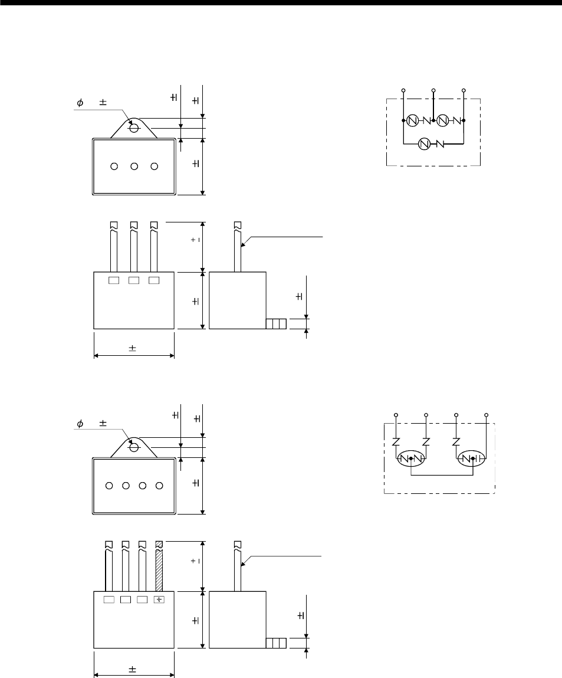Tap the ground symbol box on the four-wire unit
pyautogui.click(x=159, y=600)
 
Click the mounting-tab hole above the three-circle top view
pyautogui.click(x=134, y=127)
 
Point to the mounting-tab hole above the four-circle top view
pyautogui.click(x=134, y=447)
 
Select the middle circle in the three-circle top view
pyautogui.click(x=134, y=166)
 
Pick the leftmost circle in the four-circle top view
pyautogui.click(x=109, y=486)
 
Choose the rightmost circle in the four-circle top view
pyautogui.click(x=159, y=486)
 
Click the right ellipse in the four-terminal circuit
pyautogui.click(x=473, y=458)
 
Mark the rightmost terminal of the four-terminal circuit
pyautogui.click(x=487, y=415)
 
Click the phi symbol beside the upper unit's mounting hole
pyautogui.click(x=80, y=103)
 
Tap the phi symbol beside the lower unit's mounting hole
pyautogui.click(x=80, y=423)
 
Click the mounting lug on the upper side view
pyautogui.click(x=276, y=323)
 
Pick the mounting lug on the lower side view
pyautogui.click(x=276, y=643)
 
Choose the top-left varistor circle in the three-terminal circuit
pyautogui.click(x=412, y=120)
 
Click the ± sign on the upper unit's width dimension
pyautogui.click(x=132, y=349)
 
